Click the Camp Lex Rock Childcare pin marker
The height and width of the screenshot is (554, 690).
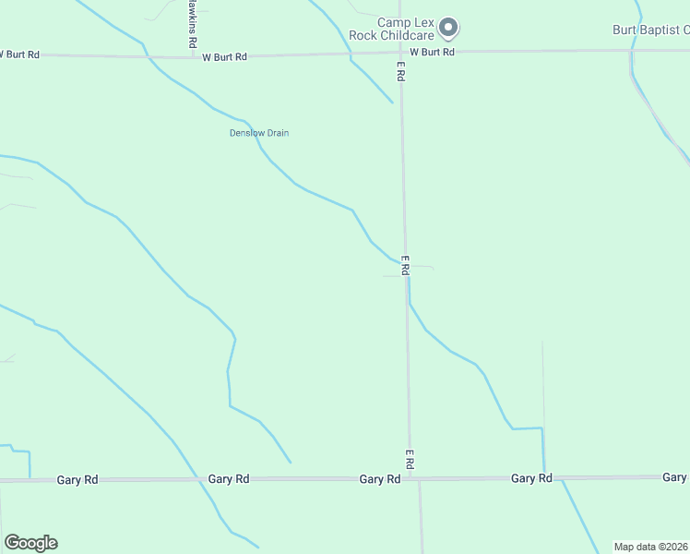(448, 29)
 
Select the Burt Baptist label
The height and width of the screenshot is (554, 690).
(651, 30)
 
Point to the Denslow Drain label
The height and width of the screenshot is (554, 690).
(259, 133)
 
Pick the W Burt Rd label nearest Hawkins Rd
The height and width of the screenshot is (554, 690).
(225, 57)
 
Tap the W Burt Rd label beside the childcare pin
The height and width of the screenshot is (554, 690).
(433, 52)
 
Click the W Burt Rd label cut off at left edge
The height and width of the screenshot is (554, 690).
(18, 54)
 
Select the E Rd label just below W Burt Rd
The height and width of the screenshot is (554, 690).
(400, 69)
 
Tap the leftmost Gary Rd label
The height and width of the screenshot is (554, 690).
(77, 480)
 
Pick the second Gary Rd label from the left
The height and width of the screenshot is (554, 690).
(229, 479)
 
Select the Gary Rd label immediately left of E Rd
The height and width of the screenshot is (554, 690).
(380, 479)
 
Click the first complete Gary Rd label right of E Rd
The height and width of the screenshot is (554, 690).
(531, 478)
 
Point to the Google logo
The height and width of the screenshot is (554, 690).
(30, 543)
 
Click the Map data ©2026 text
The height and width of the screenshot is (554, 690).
(651, 547)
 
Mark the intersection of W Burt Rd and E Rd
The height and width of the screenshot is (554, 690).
(399, 53)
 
